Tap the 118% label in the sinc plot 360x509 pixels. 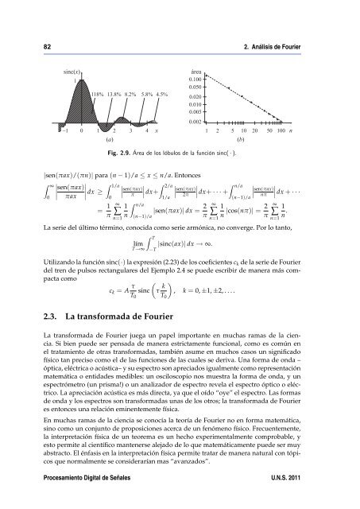pyautogui.click(x=99, y=93)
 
